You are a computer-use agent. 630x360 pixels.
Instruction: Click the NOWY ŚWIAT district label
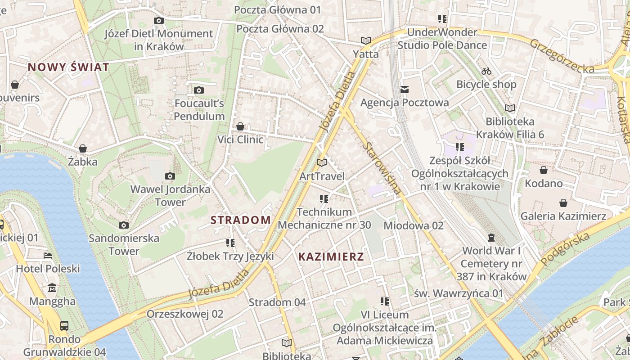click(68, 67)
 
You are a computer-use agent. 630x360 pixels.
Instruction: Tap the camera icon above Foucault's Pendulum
click(199, 90)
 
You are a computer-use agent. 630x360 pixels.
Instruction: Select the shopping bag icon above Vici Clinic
click(240, 126)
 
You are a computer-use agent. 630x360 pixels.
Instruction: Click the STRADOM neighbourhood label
click(241, 220)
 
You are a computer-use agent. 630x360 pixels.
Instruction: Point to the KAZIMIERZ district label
click(331, 257)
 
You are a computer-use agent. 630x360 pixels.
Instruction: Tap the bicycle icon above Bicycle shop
click(486, 71)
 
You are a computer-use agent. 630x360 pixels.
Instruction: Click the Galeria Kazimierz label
click(563, 216)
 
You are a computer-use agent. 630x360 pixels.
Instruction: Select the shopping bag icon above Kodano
click(544, 170)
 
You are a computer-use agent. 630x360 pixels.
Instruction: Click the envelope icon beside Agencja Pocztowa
click(405, 90)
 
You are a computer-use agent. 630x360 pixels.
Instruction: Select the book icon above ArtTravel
click(322, 162)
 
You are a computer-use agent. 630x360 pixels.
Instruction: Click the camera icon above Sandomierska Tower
click(124, 225)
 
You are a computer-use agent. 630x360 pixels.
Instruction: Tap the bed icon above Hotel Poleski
click(48, 256)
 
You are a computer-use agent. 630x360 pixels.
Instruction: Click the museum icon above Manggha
click(52, 288)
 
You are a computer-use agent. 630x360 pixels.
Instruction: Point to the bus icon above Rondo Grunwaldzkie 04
click(64, 325)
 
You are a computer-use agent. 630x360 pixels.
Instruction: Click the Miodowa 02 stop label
click(413, 225)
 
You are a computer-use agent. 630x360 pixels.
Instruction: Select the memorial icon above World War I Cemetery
click(491, 237)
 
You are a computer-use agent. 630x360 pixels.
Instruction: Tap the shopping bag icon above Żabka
click(83, 148)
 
